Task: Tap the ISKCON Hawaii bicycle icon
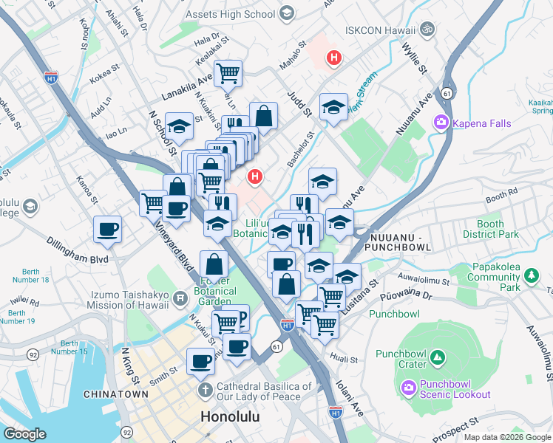pos(427,30)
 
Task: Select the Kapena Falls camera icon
pos(441,122)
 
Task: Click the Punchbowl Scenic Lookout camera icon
pos(407,387)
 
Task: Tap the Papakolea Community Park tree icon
pos(531,275)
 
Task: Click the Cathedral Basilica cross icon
pos(204,388)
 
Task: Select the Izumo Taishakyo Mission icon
pos(180,299)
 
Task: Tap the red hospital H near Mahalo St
pos(334,57)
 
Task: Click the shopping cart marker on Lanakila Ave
pos(228,72)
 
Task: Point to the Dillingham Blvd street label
pos(76,260)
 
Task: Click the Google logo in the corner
pos(24,434)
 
